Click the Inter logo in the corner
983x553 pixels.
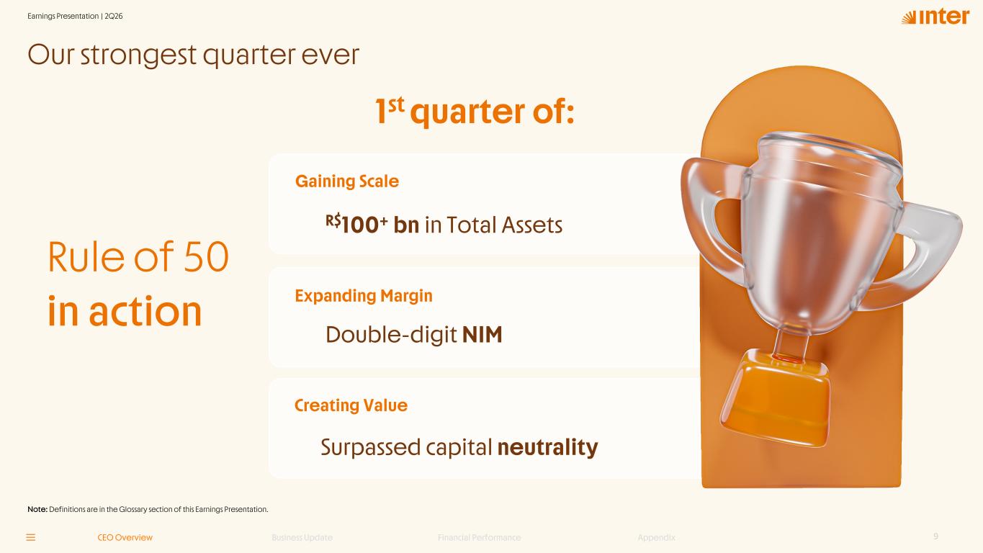[935, 17]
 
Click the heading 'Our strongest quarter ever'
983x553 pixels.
[193, 55]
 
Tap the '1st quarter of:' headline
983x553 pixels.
[475, 111]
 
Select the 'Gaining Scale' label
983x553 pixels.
[346, 181]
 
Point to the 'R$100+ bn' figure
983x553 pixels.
[372, 224]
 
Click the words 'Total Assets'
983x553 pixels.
[504, 225]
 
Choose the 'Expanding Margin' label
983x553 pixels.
[364, 296]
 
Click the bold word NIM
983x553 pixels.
[482, 334]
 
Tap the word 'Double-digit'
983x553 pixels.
[391, 335]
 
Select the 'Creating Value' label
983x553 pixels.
[351, 405]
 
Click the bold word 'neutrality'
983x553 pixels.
[547, 447]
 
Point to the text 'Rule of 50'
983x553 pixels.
[138, 257]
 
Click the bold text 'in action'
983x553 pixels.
[125, 311]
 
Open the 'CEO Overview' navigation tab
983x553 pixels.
[125, 538]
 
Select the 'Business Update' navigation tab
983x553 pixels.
[302, 538]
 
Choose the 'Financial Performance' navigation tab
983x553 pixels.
[479, 538]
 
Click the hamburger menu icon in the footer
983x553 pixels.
[31, 538]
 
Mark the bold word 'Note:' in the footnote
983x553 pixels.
[37, 510]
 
